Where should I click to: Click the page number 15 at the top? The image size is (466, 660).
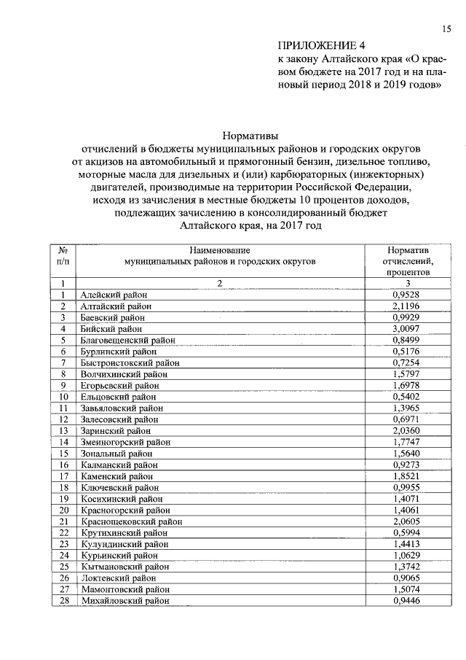[446, 28]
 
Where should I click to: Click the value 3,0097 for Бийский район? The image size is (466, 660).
[407, 328]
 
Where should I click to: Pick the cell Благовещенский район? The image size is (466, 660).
[128, 340]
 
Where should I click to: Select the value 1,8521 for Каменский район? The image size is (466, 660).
[407, 475]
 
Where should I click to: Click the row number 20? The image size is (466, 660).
[63, 510]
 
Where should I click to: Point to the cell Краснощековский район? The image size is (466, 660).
[132, 521]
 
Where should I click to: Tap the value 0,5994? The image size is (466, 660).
[407, 532]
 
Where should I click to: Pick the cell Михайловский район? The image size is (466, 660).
[125, 601]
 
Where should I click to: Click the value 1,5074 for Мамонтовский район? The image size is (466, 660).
[407, 589]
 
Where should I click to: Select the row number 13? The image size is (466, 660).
[63, 430]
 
